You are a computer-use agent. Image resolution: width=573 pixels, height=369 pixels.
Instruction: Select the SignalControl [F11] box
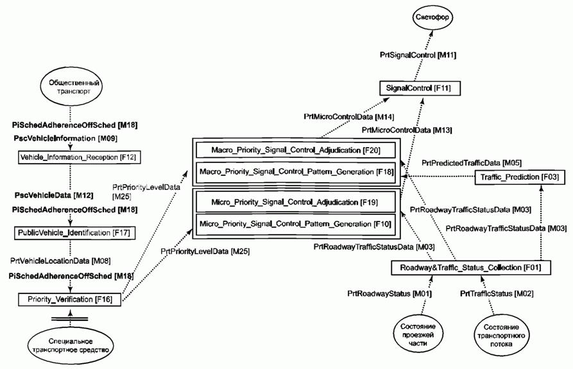419,87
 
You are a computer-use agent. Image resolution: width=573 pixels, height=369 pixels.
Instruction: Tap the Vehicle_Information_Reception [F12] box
78,156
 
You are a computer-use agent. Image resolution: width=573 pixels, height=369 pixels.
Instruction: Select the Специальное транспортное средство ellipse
68,345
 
